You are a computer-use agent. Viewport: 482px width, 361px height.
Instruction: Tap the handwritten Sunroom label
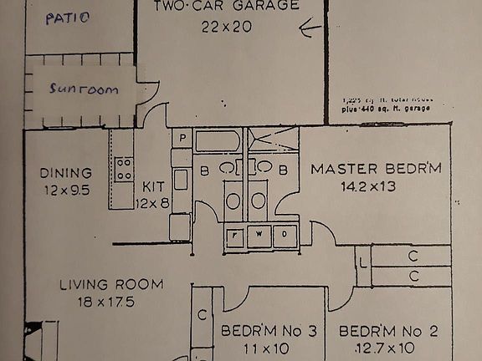[x=82, y=89]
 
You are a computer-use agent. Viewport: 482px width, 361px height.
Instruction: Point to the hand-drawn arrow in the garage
[x=310, y=31]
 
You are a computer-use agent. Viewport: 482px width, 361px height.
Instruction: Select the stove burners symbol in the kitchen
[x=124, y=169]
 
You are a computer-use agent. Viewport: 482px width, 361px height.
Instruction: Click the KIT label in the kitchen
[x=154, y=186]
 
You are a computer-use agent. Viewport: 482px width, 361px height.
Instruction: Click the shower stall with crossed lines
[x=274, y=140]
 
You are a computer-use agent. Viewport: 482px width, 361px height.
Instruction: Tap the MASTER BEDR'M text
[x=376, y=169]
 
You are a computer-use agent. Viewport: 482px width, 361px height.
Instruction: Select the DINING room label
[x=65, y=173]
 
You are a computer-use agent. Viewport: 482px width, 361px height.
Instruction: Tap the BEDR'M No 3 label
[x=268, y=332]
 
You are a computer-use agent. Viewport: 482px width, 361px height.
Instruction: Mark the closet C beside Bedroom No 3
[x=203, y=316]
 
